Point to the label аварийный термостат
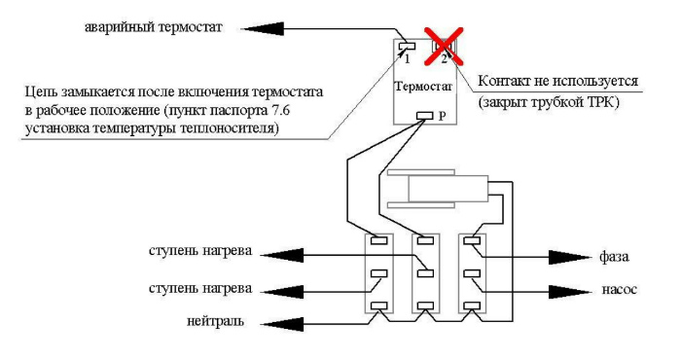pos(154,27)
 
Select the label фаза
pos(616,258)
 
